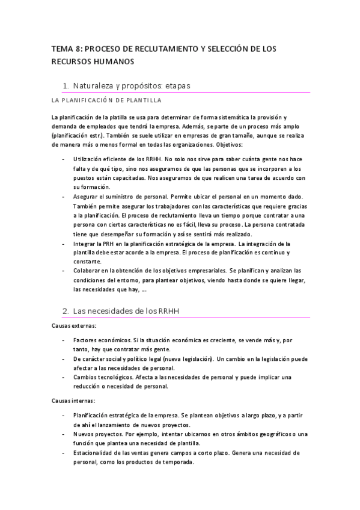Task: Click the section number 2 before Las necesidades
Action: (66, 311)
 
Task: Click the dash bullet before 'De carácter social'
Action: (64, 358)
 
